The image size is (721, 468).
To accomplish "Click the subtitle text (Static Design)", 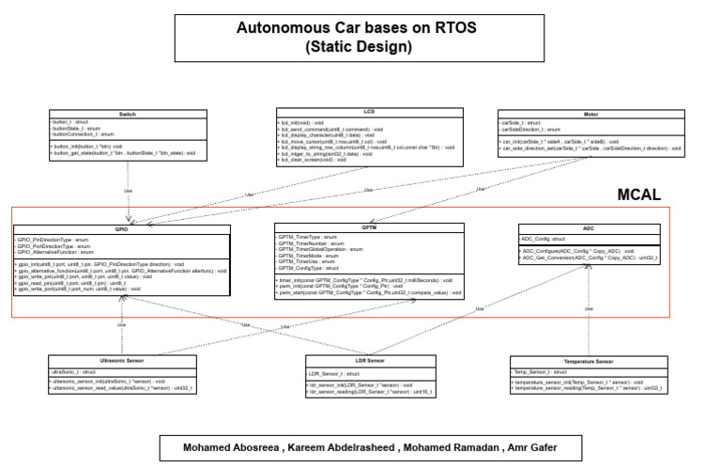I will [360, 46].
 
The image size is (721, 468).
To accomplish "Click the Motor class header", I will [591, 113].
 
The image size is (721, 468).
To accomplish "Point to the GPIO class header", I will [122, 229].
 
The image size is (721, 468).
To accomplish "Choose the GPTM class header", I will [369, 228].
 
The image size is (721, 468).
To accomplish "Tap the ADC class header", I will [588, 228].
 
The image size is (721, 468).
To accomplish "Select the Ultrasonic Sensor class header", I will [122, 362].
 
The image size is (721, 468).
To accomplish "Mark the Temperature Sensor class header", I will [589, 362].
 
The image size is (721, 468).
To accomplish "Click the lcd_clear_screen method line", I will [314, 160].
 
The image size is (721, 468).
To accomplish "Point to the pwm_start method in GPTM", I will [368, 293].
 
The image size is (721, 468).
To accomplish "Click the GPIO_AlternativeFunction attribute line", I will [56, 253].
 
